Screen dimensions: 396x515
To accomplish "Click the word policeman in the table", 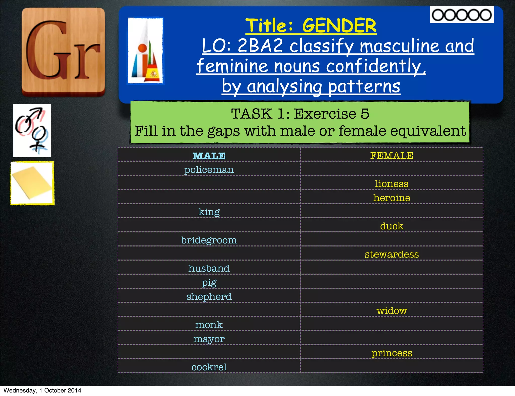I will (209, 170).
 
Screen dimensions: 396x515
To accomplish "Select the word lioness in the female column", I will (392, 184).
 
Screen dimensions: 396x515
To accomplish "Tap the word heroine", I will (392, 198).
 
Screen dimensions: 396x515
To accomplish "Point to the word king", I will (209, 212).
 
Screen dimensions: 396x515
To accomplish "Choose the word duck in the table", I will (392, 226).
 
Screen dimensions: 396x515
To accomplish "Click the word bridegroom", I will (209, 240).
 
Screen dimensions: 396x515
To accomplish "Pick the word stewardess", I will (392, 254).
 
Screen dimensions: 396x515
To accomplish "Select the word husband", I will (209, 268).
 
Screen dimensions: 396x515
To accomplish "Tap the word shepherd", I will (209, 297).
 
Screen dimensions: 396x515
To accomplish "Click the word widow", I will (392, 311).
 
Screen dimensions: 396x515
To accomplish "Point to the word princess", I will (392, 353).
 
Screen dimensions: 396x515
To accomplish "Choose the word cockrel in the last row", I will (209, 367).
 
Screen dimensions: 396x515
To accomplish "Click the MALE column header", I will (209, 156).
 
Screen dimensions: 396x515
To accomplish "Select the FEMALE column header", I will (392, 156).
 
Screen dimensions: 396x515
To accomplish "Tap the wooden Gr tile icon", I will (63, 52).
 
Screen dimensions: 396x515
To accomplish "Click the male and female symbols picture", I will (32, 131).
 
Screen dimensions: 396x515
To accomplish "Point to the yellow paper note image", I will (32, 183).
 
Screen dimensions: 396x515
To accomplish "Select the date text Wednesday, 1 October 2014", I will (42, 390).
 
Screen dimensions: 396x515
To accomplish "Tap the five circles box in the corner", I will (462, 15).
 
